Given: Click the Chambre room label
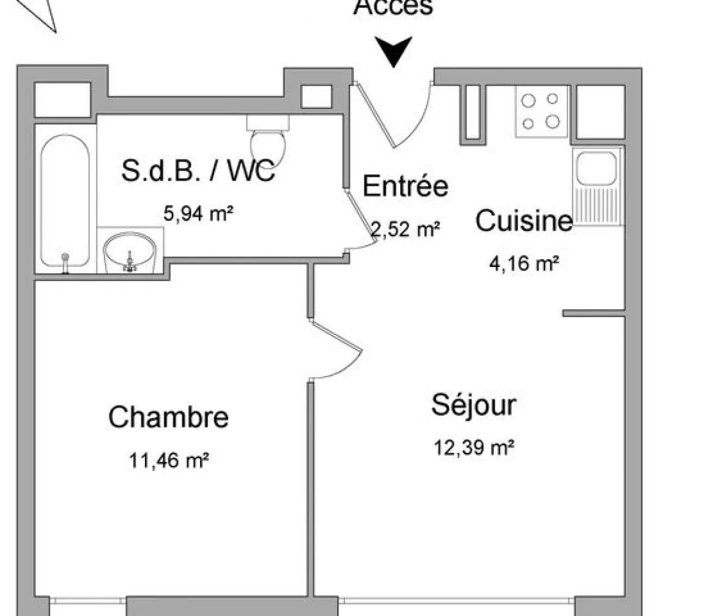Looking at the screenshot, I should pyautogui.click(x=168, y=417).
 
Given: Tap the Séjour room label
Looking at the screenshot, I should pyautogui.click(x=473, y=405).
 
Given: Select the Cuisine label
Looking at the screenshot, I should pyautogui.click(x=523, y=221).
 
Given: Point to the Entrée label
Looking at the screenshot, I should pyautogui.click(x=405, y=186).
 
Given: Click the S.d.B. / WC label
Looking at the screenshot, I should pyautogui.click(x=198, y=171).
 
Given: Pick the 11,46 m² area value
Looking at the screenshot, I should pyautogui.click(x=169, y=461).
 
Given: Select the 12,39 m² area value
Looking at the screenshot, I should pyautogui.click(x=474, y=448).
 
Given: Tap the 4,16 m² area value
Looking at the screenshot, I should pyautogui.click(x=523, y=263).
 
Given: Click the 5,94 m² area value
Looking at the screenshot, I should pyautogui.click(x=198, y=214).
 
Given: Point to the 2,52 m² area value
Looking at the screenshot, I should pyautogui.click(x=405, y=229).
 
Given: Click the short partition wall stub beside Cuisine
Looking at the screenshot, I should pyautogui.click(x=593, y=313).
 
